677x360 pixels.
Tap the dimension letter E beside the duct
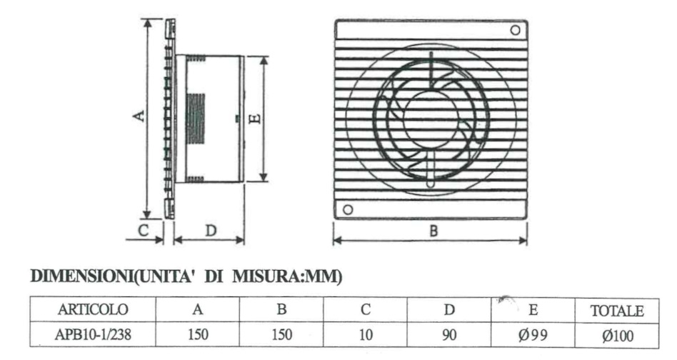click(x=256, y=118)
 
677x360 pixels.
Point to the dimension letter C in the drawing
click(x=143, y=230)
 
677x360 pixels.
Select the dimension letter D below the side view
click(x=210, y=231)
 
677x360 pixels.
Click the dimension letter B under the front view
click(x=433, y=231)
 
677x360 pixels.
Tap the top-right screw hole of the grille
click(x=515, y=30)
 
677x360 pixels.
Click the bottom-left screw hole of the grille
click(x=348, y=210)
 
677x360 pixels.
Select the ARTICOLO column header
click(x=93, y=309)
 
